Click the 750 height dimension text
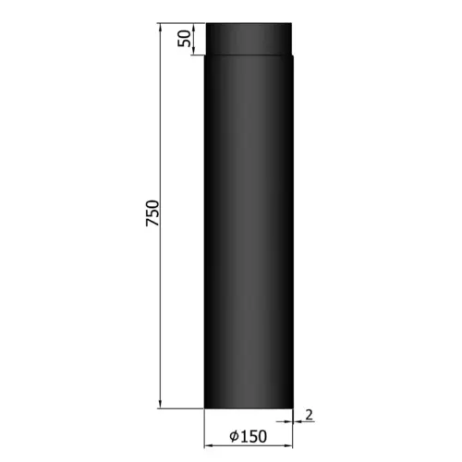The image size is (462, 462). (x=153, y=214)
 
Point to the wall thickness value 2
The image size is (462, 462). (x=309, y=415)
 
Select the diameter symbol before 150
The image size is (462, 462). (x=236, y=436)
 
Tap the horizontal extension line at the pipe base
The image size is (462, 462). (x=180, y=406)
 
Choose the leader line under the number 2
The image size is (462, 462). (x=309, y=422)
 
